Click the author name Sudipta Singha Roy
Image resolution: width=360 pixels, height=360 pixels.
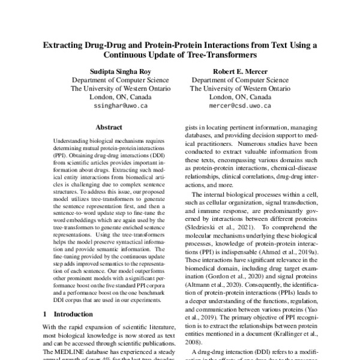tap(113, 69)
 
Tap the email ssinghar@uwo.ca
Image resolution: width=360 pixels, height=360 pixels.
tap(113, 106)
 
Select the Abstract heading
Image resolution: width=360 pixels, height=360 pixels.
tap(109, 127)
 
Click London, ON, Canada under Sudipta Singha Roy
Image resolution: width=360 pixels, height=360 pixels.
tap(113, 97)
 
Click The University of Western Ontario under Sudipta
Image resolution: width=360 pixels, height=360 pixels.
tap(113, 88)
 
